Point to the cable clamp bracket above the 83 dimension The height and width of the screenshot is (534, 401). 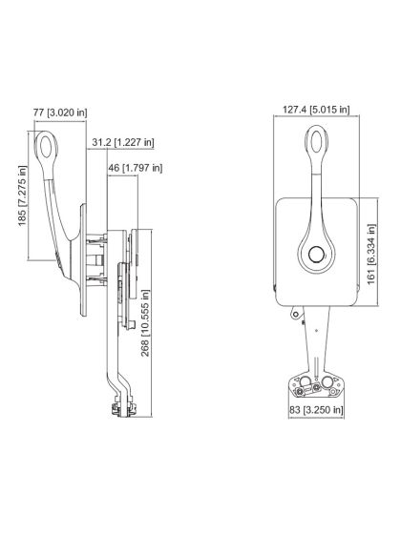312,385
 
